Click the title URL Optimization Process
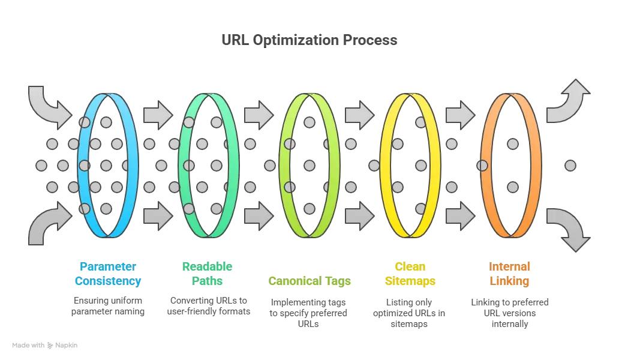(309, 40)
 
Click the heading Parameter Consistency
(108, 274)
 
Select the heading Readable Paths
(208, 274)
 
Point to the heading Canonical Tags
(309, 281)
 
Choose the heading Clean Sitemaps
(410, 274)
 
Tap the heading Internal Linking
(509, 274)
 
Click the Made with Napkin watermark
(44, 346)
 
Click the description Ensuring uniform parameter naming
(108, 306)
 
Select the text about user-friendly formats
(209, 306)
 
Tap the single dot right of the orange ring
(570, 166)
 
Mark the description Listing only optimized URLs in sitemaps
(409, 313)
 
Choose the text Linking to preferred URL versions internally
(510, 313)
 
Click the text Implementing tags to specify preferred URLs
(308, 313)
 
